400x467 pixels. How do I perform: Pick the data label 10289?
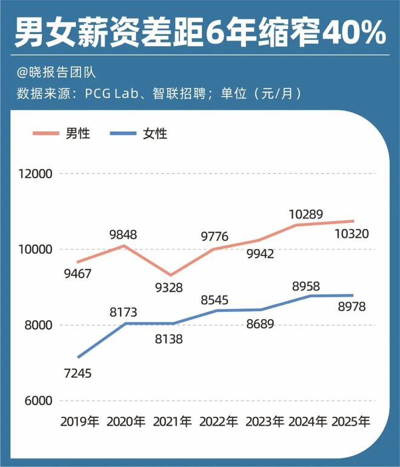tap(305, 214)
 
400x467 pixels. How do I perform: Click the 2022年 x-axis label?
tap(219, 421)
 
